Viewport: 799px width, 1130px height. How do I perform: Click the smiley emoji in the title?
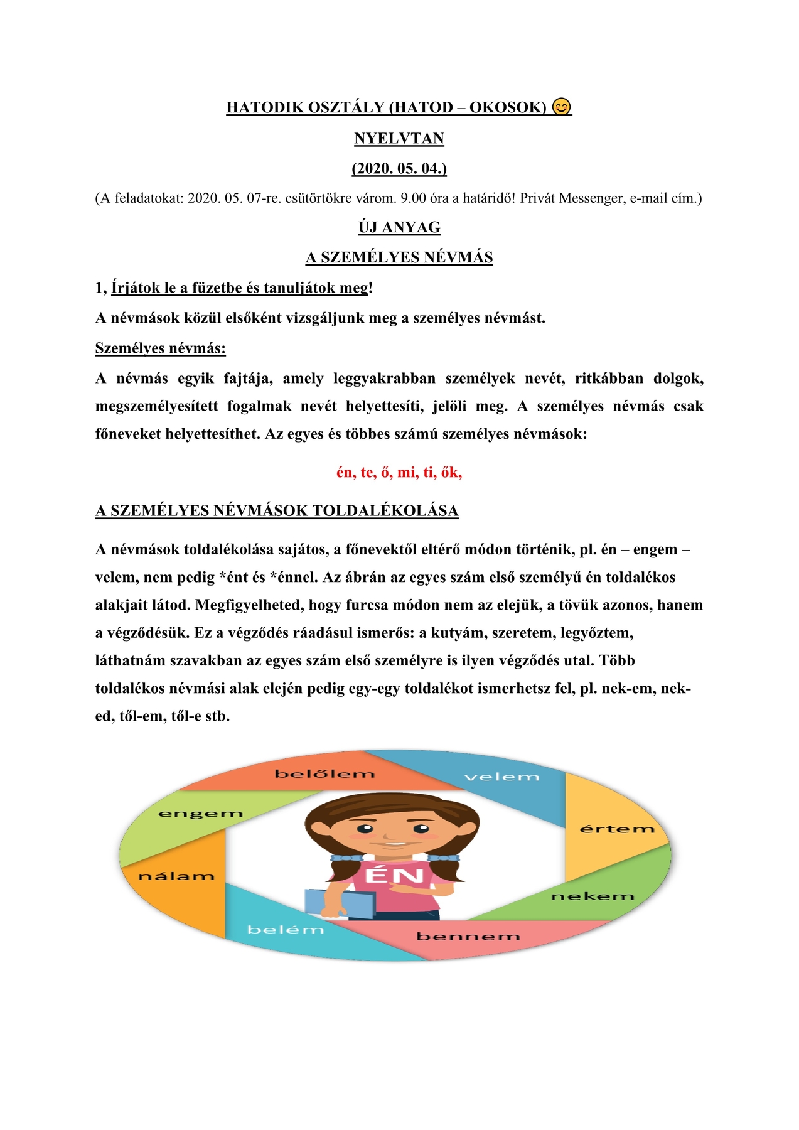(562, 107)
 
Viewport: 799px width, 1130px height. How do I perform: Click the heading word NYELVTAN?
(399, 138)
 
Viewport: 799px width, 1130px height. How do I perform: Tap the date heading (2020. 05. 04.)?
(399, 168)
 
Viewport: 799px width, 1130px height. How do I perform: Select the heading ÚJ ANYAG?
(399, 227)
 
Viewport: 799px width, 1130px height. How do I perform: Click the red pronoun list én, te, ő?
(399, 473)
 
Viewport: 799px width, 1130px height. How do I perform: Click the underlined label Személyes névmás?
(160, 348)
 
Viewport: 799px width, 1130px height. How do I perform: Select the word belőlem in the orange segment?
(324, 774)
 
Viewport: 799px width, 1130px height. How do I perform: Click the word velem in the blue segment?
(501, 777)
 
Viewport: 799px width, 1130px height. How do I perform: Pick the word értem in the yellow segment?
(616, 829)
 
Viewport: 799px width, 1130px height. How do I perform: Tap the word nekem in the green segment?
(593, 896)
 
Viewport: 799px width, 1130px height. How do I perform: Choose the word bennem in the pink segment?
(468, 937)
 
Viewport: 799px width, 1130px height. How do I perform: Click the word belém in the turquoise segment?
(286, 930)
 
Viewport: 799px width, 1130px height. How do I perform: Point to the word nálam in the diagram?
(176, 876)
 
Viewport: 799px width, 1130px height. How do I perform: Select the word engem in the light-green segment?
(200, 814)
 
